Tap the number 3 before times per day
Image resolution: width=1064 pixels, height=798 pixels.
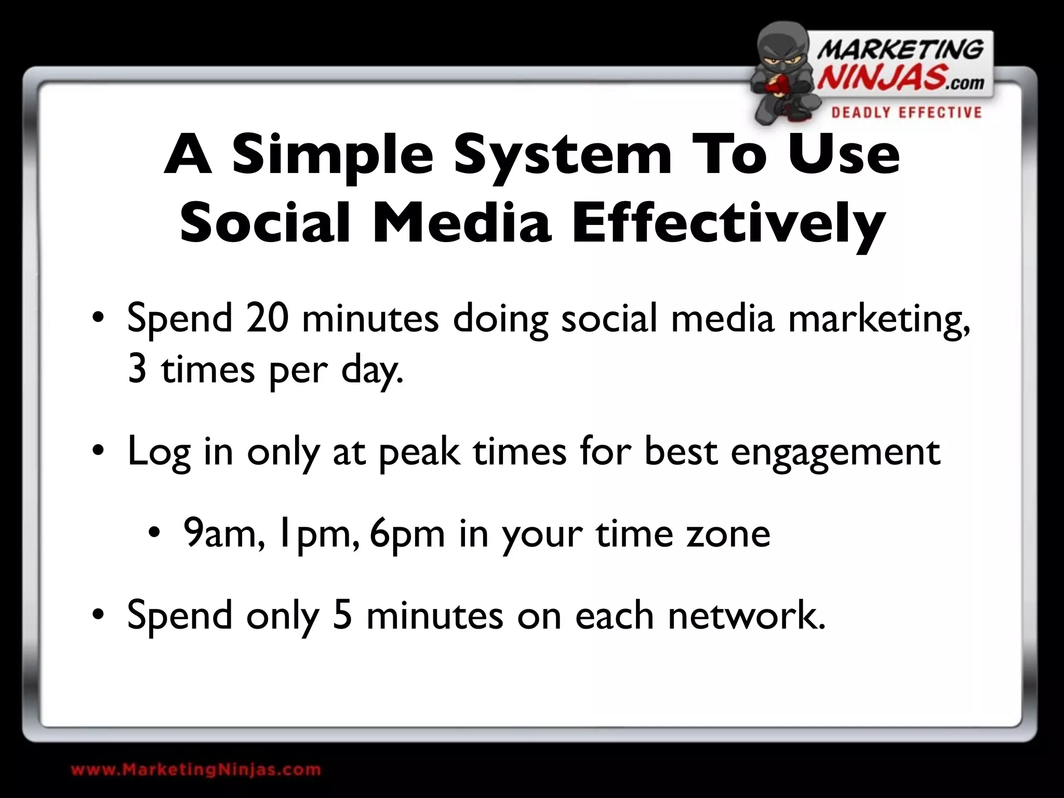click(x=137, y=370)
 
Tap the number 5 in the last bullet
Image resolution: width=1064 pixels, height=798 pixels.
click(x=342, y=615)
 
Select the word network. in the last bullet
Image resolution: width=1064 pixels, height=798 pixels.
click(x=747, y=615)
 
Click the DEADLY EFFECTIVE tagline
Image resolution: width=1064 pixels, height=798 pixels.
click(x=906, y=113)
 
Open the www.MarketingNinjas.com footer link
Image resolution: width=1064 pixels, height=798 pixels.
click(x=196, y=770)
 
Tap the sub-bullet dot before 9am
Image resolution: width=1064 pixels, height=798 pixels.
click(x=154, y=533)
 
